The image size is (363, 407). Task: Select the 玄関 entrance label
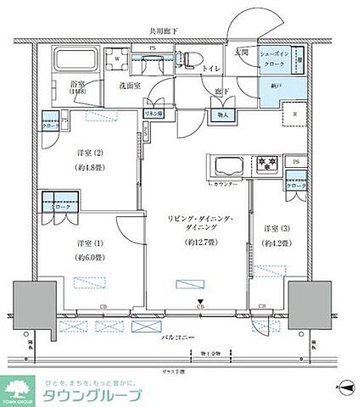242,53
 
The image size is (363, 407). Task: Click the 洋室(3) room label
276,230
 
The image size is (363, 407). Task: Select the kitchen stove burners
269,164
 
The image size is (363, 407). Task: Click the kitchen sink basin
228,163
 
